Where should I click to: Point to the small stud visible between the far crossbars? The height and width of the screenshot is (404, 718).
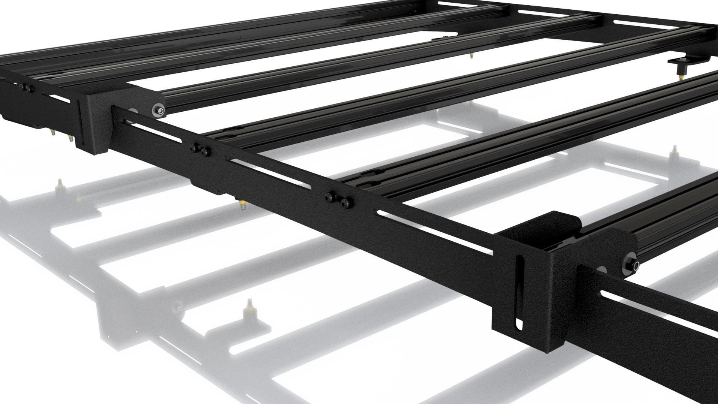(x=471, y=56)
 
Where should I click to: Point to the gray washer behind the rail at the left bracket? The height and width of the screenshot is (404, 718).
(x=133, y=111)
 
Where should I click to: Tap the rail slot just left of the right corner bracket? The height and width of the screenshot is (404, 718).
(x=435, y=236)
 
